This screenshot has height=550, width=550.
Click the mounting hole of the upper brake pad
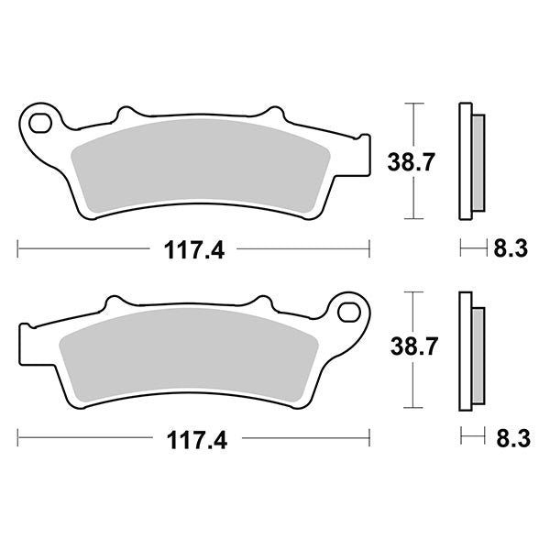(39, 119)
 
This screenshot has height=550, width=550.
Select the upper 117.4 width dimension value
(193, 248)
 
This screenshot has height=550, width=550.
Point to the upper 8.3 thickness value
(510, 248)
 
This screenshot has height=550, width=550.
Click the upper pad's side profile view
(470, 163)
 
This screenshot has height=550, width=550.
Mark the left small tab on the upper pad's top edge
(126, 114)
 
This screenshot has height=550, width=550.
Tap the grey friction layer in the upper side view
(478, 163)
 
